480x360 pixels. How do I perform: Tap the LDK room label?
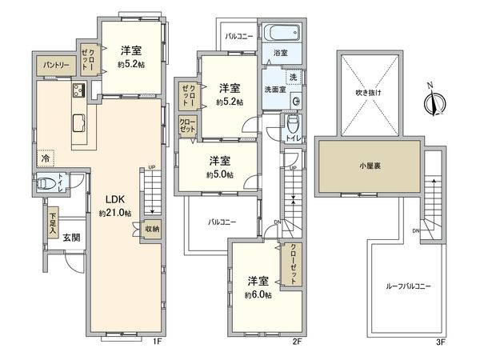110,202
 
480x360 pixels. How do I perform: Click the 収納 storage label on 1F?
151,227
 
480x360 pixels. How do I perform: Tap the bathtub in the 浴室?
282,36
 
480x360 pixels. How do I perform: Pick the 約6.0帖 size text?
258,294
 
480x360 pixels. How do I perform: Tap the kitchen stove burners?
80,89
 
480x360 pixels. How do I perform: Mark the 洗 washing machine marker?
292,77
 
